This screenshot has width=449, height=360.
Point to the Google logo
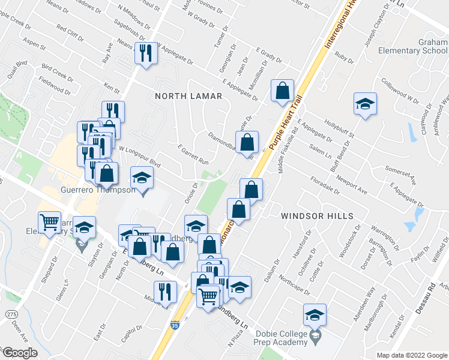20,353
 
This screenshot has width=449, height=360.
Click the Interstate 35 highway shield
175,326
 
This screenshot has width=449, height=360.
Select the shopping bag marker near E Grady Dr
282,91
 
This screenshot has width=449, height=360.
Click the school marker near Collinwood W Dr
364,104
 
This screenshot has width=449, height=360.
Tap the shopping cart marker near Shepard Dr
49,222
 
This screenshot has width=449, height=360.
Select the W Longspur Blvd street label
140,155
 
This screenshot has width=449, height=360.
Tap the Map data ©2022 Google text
412,355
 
